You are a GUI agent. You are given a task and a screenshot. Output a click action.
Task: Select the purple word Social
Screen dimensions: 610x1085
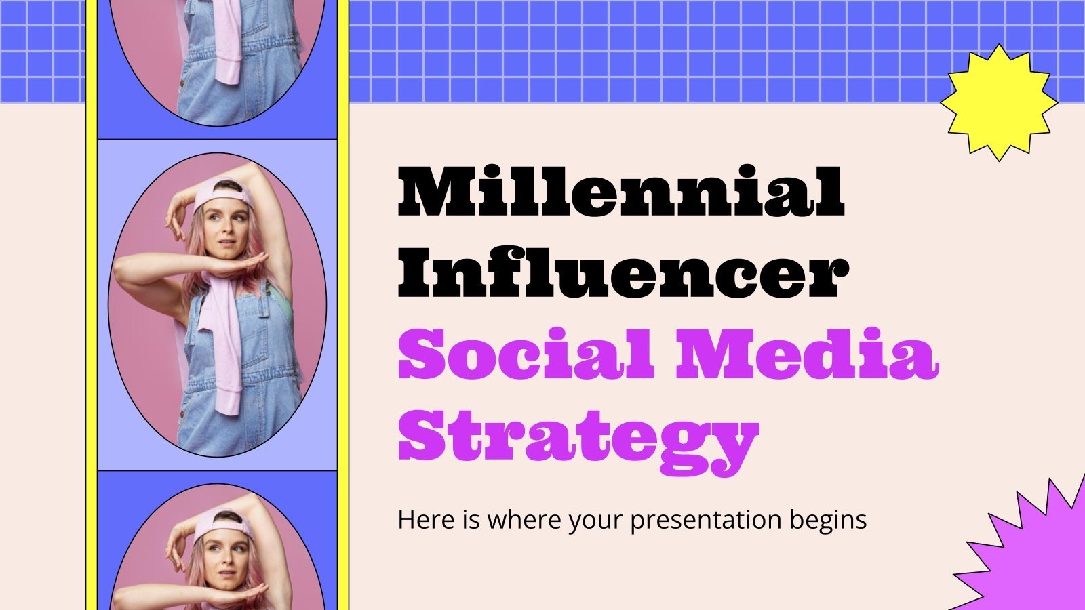click(526, 354)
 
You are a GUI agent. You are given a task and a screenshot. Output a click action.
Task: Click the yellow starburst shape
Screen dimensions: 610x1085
click(998, 102)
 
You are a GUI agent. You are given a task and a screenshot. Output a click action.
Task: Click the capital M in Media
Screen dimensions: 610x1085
click(707, 354)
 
